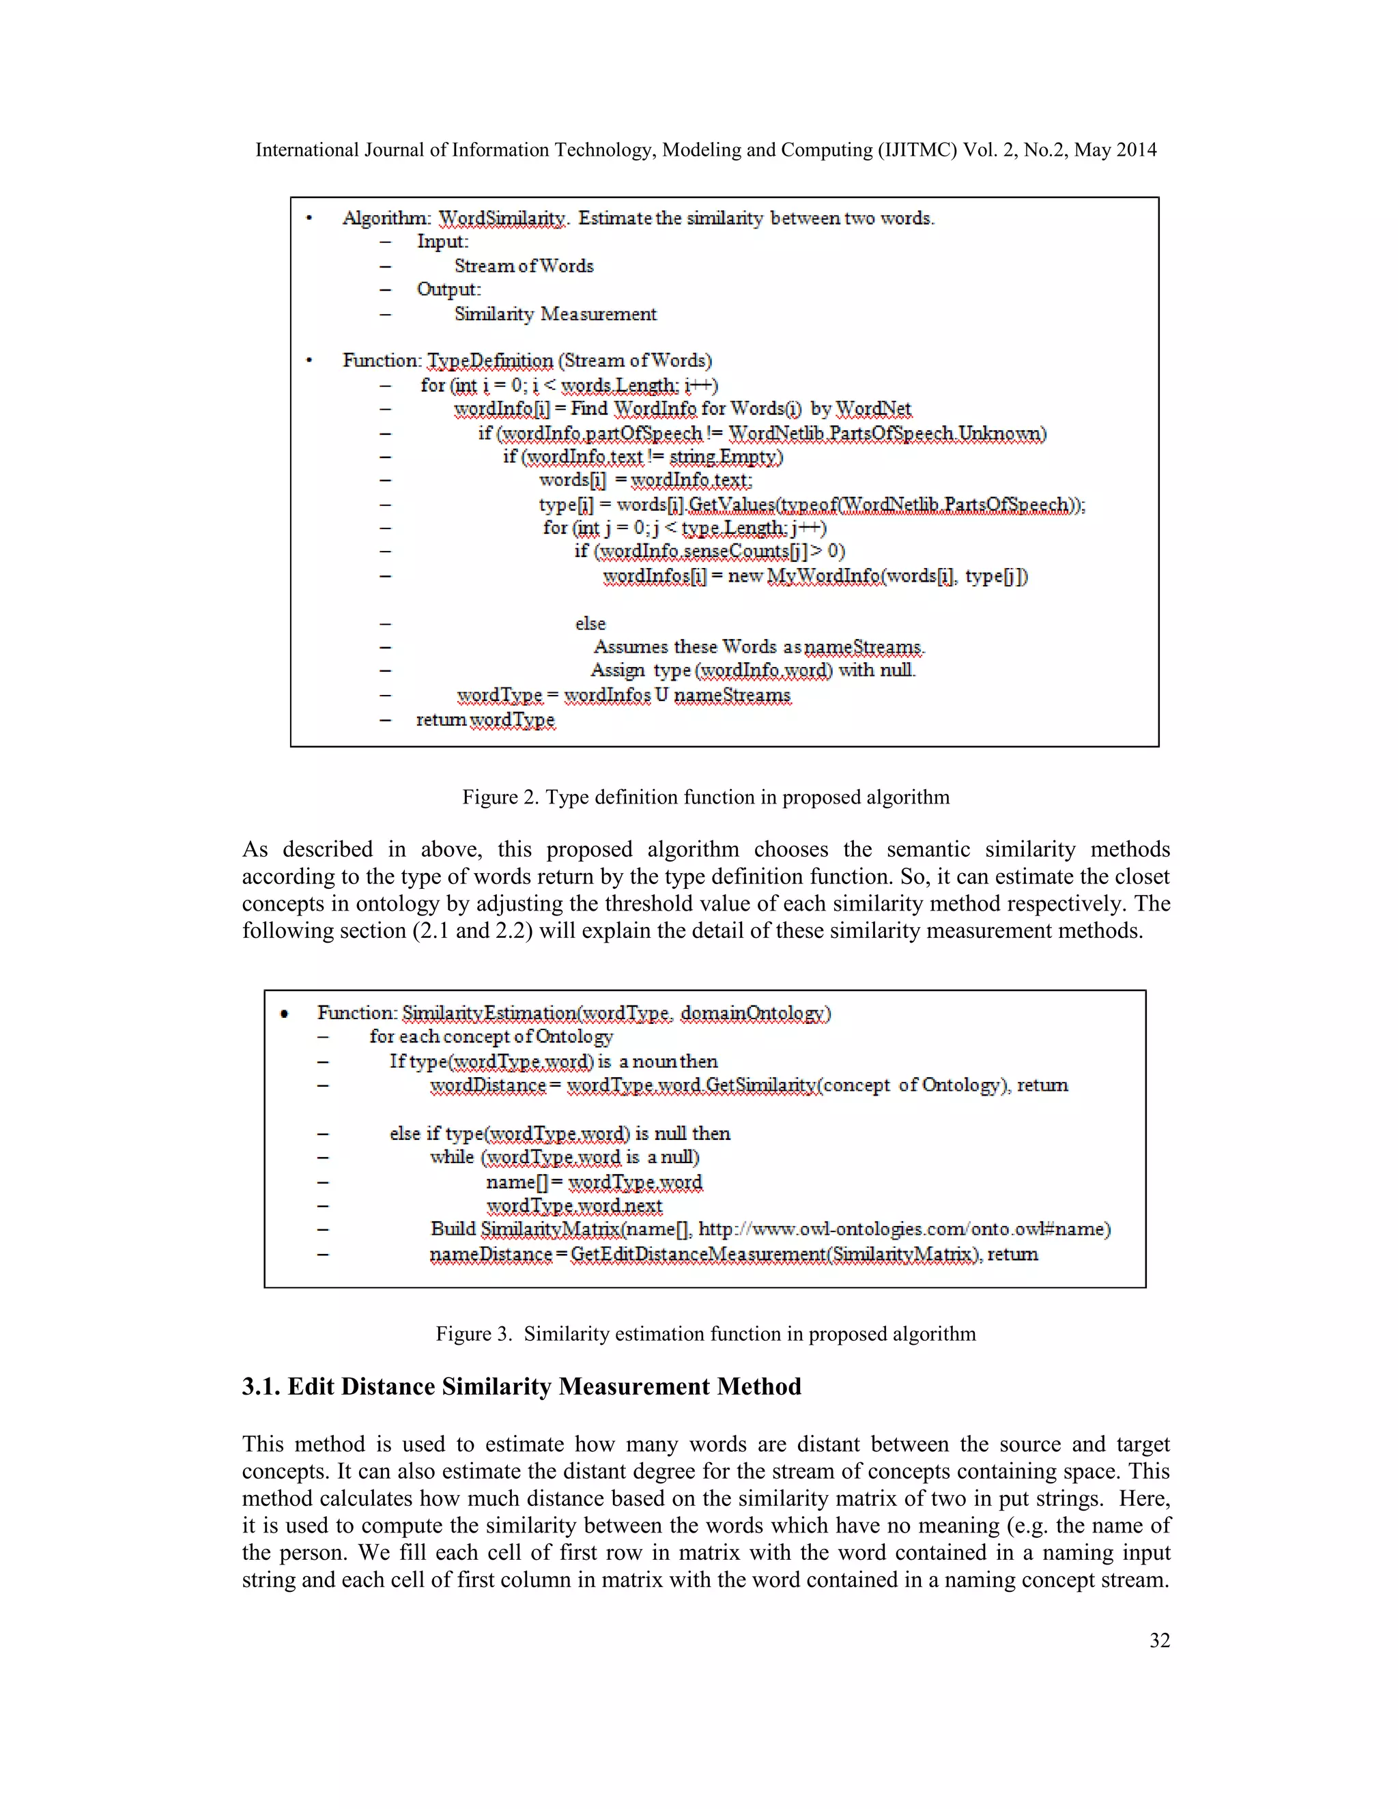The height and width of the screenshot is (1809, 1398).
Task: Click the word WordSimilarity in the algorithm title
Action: pos(502,218)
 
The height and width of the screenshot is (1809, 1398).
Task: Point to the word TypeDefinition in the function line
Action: pos(490,361)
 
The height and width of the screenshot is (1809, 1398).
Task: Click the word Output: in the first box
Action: pos(448,290)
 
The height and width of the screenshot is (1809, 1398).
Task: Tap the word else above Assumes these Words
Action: pos(590,624)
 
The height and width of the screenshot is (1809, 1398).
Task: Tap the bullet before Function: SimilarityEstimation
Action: pos(285,1014)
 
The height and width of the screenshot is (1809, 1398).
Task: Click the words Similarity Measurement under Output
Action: pos(555,315)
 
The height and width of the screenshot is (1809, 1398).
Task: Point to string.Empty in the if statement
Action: pos(726,457)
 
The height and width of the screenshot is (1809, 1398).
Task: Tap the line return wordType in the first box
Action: pos(485,720)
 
